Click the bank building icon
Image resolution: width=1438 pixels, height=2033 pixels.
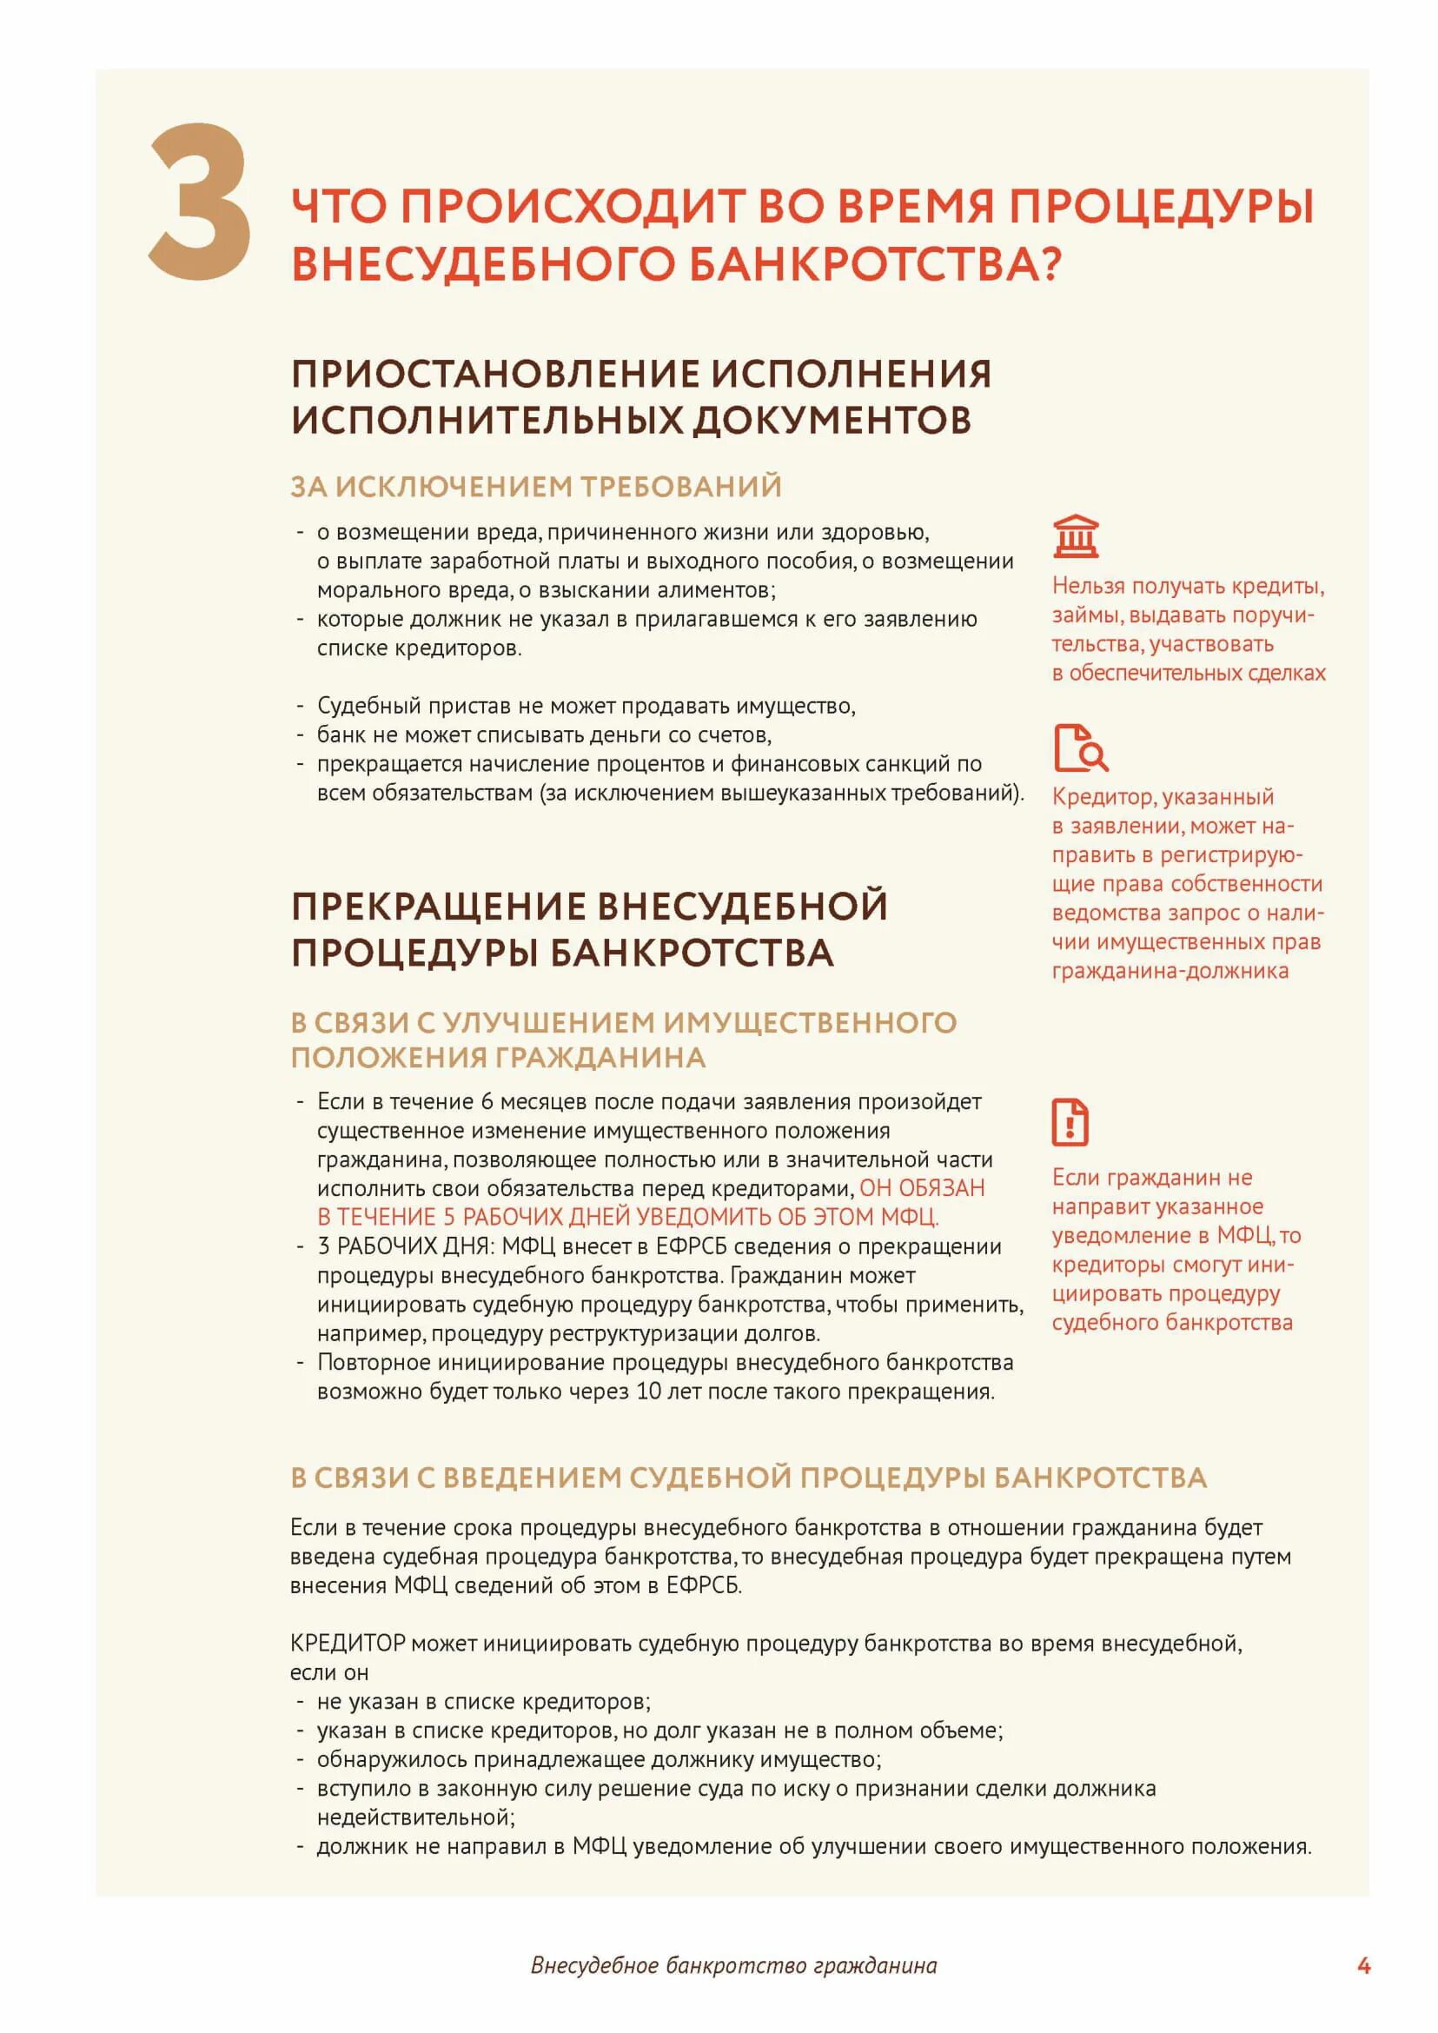click(1075, 536)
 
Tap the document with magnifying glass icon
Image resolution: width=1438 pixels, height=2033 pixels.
click(1079, 748)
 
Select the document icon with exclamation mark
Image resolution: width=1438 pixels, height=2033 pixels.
click(1070, 1122)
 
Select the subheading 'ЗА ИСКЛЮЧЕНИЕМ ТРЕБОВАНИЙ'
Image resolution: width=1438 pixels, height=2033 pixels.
click(536, 487)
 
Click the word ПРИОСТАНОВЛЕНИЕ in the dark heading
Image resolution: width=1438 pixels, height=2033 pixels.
click(495, 374)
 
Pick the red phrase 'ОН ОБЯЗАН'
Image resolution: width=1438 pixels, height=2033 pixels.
click(922, 1188)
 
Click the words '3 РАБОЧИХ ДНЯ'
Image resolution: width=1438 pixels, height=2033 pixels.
click(406, 1246)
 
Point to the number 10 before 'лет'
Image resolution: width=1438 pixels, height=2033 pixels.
click(648, 1392)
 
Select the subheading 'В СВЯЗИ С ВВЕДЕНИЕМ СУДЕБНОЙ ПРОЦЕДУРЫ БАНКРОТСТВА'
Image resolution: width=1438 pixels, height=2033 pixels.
click(748, 1478)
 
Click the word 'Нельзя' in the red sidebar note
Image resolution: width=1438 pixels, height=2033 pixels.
click(1087, 587)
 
